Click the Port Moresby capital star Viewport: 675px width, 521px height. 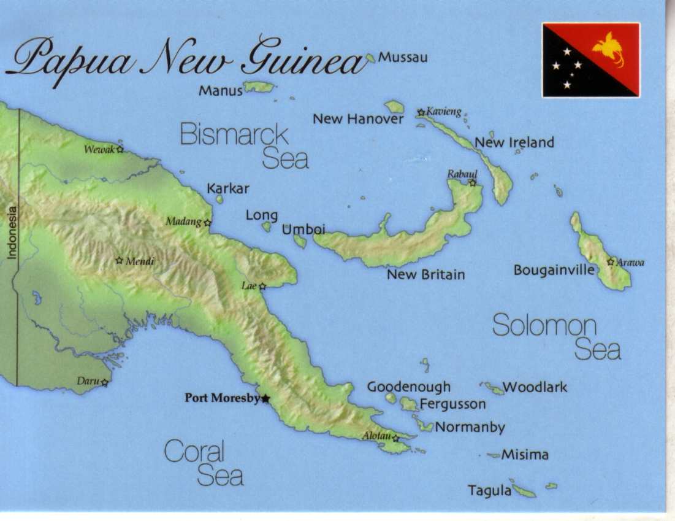[265, 399]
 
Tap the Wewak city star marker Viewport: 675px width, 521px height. [120, 149]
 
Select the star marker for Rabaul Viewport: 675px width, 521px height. [472, 182]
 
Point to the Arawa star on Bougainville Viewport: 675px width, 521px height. [611, 262]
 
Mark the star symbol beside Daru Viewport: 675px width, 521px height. [105, 382]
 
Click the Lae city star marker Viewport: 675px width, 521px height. [262, 286]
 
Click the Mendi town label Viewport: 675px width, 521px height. [140, 261]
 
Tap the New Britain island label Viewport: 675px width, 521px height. [425, 274]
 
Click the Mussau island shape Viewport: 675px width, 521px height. [370, 58]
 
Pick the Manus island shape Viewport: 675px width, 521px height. [259, 87]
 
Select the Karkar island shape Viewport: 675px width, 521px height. [219, 199]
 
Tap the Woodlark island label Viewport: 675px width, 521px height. [535, 387]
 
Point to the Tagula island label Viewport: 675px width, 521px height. [489, 491]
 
